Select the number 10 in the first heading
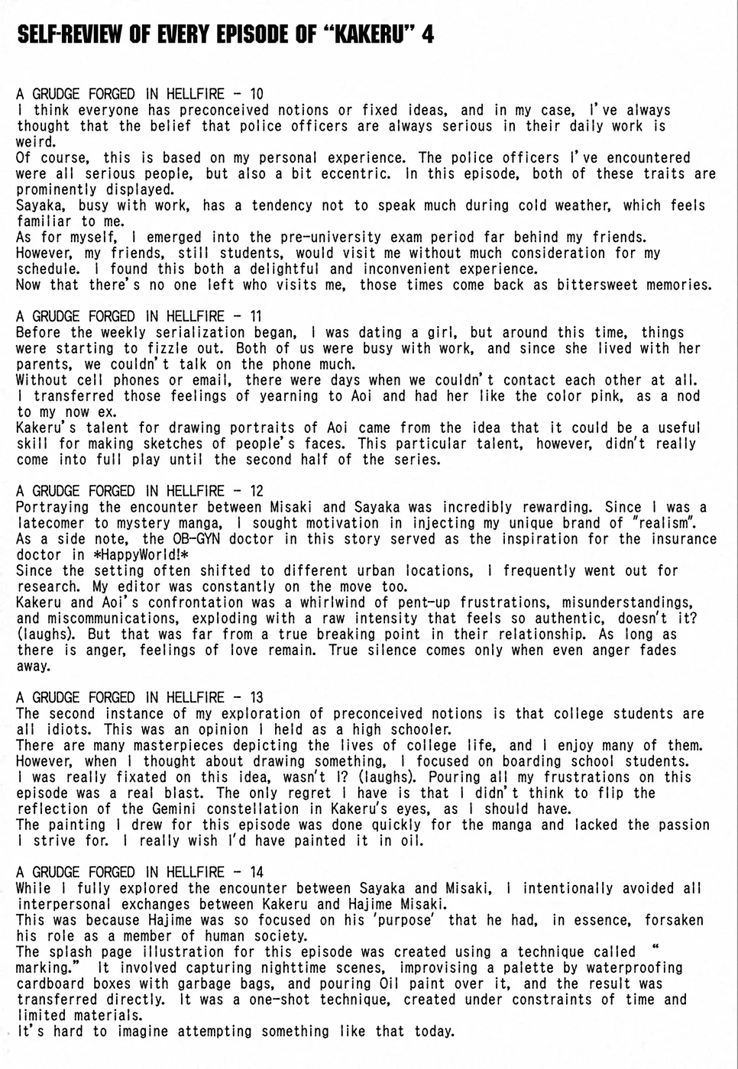256,94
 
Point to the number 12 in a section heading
256,491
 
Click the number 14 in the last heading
256,872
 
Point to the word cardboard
48,983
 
